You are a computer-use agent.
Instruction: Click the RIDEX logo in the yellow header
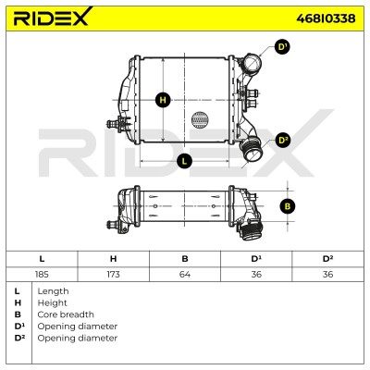pos(53,17)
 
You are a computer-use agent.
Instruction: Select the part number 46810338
pos(326,18)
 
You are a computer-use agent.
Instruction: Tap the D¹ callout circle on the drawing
pos(282,47)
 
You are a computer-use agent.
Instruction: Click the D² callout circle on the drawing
pos(282,141)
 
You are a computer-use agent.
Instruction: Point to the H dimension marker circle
pos(163,100)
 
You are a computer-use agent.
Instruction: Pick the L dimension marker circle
pos(184,161)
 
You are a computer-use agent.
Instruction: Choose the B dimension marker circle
pos(288,206)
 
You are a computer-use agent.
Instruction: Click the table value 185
pos(42,274)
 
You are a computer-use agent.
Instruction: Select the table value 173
pos(113,274)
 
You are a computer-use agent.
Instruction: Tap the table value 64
pos(185,274)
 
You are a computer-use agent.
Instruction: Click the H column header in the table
pos(113,259)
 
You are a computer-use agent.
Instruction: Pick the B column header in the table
pos(185,259)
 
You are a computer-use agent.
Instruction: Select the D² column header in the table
pos(327,259)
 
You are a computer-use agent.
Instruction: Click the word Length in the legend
pos(53,291)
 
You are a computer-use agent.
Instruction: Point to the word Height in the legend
pos(52,303)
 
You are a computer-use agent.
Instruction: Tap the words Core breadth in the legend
pos(66,314)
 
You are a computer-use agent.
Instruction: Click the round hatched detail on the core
pos(200,120)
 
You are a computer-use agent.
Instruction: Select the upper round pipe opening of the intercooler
pos(252,63)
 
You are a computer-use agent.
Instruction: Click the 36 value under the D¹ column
pos(256,274)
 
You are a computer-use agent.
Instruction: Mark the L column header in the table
pos(42,259)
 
